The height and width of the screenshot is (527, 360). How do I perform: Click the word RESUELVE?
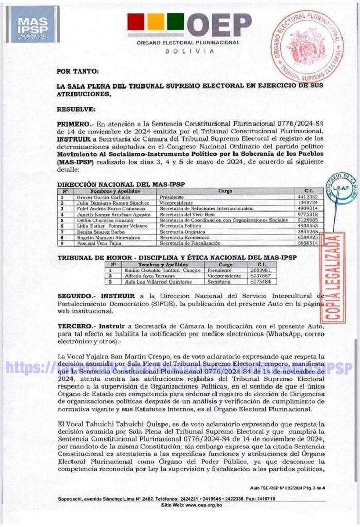(76, 109)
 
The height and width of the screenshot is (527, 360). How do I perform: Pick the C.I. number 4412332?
(307, 197)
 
